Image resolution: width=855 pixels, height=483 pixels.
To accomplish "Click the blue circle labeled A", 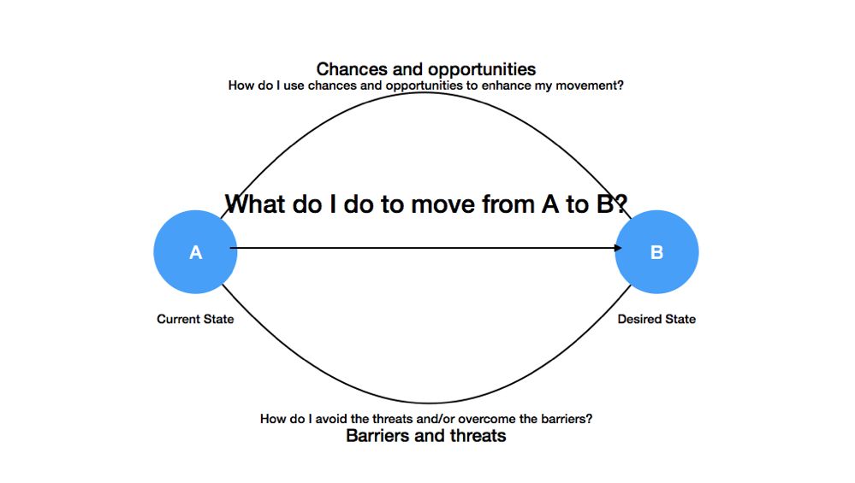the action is pyautogui.click(x=195, y=252).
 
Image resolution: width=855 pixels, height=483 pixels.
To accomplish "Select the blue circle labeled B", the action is pyautogui.click(x=657, y=252).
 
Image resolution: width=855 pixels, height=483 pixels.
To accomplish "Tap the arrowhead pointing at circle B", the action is pyautogui.click(x=618, y=248).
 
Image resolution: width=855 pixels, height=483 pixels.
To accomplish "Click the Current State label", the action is pyautogui.click(x=195, y=319).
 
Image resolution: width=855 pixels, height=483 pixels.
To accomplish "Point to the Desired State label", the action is pyautogui.click(x=656, y=319).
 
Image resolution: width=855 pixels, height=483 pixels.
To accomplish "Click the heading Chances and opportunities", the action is pyautogui.click(x=426, y=69).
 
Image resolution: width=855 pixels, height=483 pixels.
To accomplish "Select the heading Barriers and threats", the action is pyautogui.click(x=426, y=436).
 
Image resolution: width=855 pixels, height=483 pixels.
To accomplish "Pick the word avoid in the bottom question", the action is pyautogui.click(x=331, y=419).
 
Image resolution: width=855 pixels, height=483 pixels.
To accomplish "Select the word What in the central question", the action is pyautogui.click(x=256, y=205).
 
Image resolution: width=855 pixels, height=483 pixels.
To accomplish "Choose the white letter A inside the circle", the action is pyautogui.click(x=195, y=253).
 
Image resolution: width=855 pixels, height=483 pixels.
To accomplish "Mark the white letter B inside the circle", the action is pyautogui.click(x=657, y=253).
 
